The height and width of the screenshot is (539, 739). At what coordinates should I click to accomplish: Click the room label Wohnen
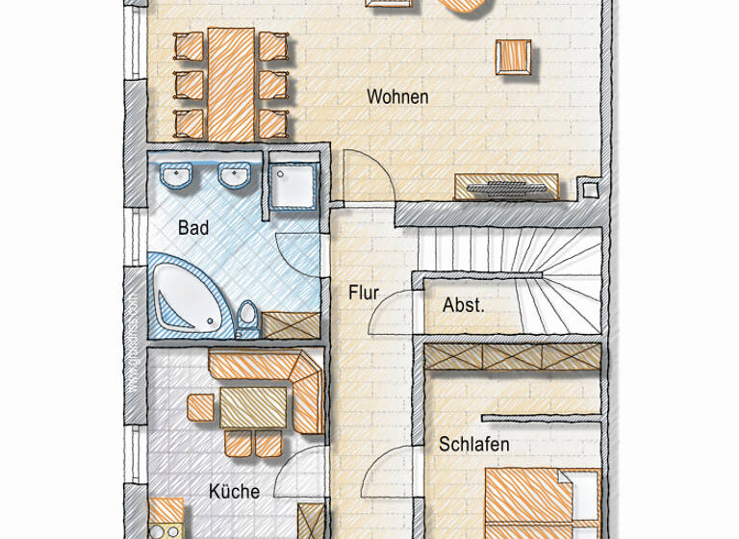397,97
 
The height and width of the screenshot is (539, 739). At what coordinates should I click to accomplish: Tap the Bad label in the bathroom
193,228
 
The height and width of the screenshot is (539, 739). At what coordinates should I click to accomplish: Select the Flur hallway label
365,293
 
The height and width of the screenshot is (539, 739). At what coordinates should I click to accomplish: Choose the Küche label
234,491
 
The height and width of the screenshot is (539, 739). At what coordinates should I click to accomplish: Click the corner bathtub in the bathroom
188,295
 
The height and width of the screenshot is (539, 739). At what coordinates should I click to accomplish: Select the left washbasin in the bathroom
178,176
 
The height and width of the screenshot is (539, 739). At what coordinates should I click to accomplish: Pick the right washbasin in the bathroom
235,176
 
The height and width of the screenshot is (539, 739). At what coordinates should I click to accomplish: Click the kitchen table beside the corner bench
254,407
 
